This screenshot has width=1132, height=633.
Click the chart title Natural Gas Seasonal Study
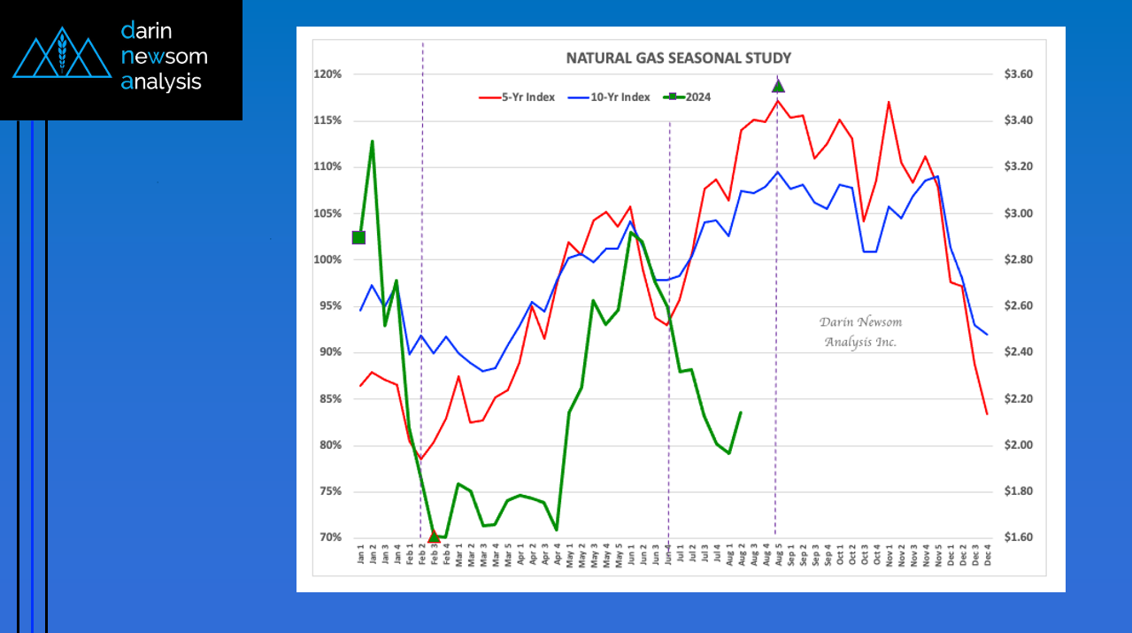pyautogui.click(x=678, y=58)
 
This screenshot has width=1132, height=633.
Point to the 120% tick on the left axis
pyautogui.click(x=328, y=74)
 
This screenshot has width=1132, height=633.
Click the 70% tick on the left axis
pyautogui.click(x=329, y=537)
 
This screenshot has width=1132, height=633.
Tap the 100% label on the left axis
pyautogui.click(x=328, y=259)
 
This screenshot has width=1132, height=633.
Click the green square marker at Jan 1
pyautogui.click(x=358, y=237)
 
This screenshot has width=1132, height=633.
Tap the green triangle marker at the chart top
pyautogui.click(x=778, y=86)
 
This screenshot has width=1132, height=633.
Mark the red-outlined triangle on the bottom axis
pyautogui.click(x=434, y=536)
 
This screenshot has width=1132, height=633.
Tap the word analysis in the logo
pyautogui.click(x=161, y=82)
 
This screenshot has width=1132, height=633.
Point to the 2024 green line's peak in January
pyautogui.click(x=372, y=141)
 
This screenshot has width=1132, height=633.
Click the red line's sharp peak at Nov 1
pyautogui.click(x=888, y=102)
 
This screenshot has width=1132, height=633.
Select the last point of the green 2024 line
pyautogui.click(x=740, y=413)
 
